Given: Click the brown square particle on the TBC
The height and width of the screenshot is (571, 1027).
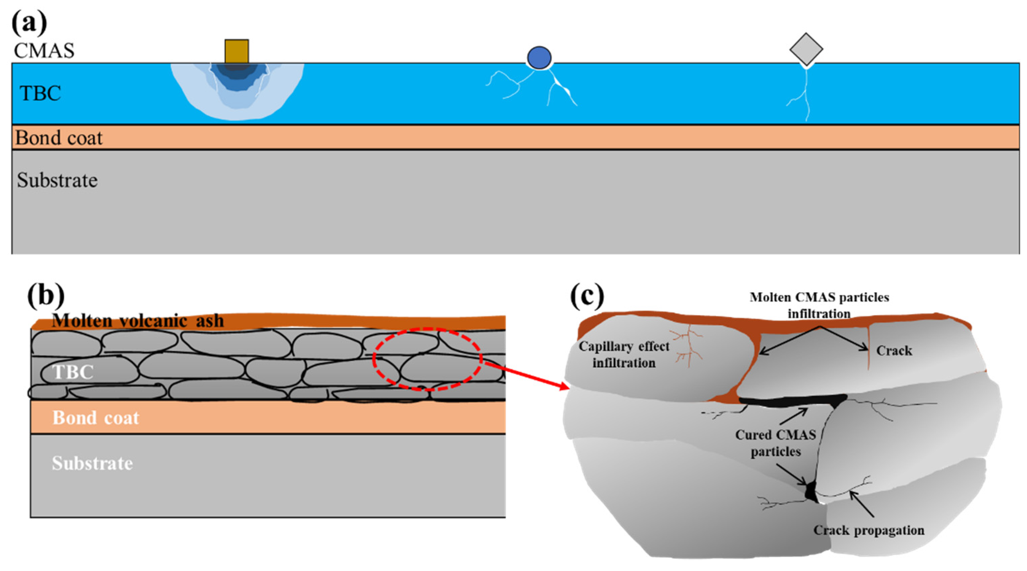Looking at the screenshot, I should tap(236, 51).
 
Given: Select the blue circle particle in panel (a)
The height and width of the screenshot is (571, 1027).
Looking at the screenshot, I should tap(539, 58).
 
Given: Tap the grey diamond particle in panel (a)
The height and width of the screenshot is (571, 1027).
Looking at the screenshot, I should tap(806, 49).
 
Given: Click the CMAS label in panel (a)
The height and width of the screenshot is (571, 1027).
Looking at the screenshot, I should tap(44, 51).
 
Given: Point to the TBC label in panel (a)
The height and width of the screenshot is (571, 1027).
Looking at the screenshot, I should tap(40, 93).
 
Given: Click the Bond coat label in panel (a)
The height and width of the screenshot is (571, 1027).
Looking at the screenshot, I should tap(59, 138).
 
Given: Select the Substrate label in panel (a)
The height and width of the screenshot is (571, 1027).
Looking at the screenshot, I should tap(57, 180).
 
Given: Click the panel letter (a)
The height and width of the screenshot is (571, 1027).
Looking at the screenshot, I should tap(29, 23).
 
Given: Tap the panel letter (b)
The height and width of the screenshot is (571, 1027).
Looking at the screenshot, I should tap(45, 296).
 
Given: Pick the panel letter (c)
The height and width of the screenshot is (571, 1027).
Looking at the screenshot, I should tap(587, 296).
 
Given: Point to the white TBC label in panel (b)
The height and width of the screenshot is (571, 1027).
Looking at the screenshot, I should tap(73, 372).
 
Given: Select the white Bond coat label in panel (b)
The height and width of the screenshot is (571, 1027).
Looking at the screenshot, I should tap(96, 418).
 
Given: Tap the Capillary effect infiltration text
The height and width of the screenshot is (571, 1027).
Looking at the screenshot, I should tap(624, 355).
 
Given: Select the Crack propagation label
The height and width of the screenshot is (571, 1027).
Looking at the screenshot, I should tap(869, 530).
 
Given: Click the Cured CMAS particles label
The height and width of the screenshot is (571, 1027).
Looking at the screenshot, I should tap(776, 443).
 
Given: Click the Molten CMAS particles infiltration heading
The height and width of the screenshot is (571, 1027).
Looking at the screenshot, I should tap(819, 305).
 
